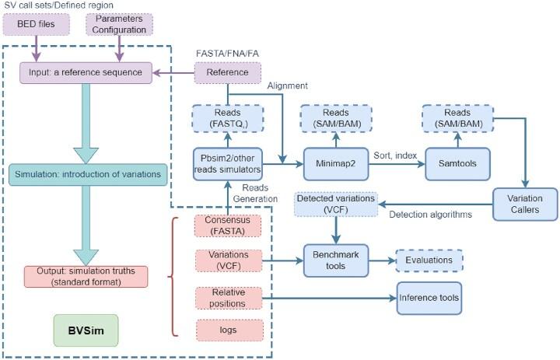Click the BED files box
pyautogui.click(x=37, y=25)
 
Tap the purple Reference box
pyautogui.click(x=226, y=73)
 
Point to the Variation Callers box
pyautogui.click(x=526, y=204)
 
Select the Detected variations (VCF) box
pyautogui.click(x=335, y=204)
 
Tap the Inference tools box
pyautogui.click(x=429, y=297)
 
